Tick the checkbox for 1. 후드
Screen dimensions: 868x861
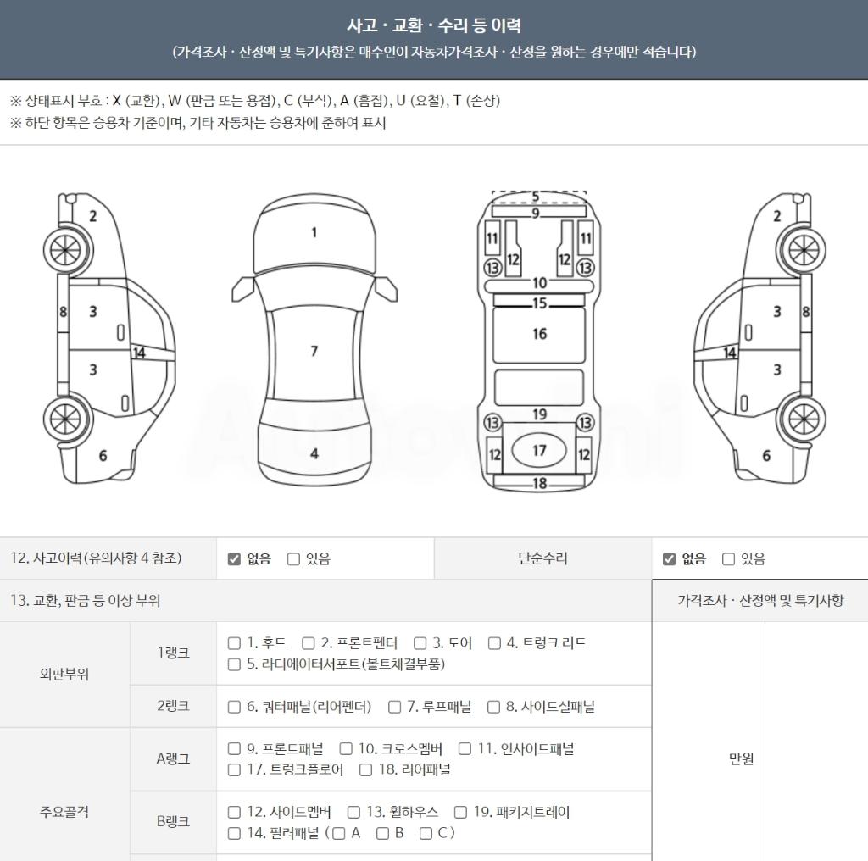click(234, 643)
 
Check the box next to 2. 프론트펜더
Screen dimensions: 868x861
click(309, 643)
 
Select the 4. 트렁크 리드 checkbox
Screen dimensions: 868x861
click(494, 643)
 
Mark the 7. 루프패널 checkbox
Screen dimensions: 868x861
click(395, 707)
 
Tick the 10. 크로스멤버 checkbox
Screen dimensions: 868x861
click(346, 748)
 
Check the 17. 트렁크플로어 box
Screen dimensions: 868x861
click(234, 769)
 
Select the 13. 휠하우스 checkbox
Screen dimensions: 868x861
click(353, 812)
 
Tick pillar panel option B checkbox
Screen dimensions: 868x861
click(382, 833)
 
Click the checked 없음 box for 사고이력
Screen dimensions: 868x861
click(234, 558)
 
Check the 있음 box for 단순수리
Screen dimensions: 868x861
click(728, 558)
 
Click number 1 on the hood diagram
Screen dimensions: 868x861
click(314, 232)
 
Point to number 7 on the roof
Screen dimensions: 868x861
click(314, 351)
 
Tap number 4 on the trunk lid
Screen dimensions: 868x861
click(314, 453)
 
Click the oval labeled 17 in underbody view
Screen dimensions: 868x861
click(539, 451)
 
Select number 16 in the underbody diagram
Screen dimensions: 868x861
click(540, 334)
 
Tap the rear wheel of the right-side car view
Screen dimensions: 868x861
click(804, 419)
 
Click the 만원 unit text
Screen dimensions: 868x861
click(741, 758)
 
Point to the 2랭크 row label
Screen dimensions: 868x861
click(173, 706)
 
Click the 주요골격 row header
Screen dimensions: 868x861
click(64, 812)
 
